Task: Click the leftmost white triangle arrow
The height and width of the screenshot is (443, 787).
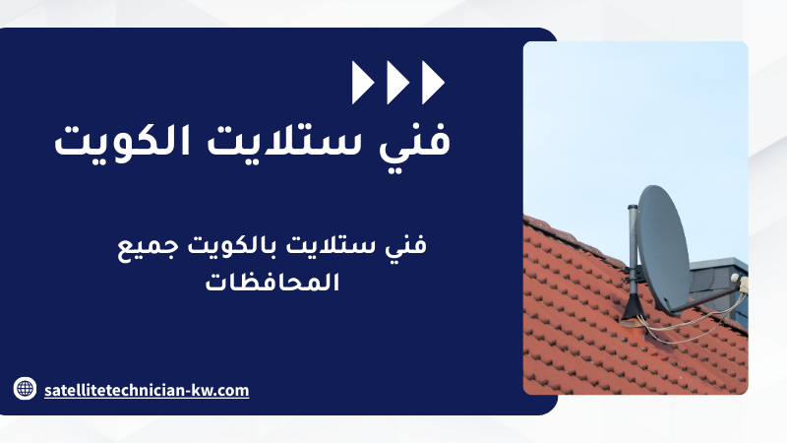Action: point(361,83)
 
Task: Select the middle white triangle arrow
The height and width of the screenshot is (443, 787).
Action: point(396,83)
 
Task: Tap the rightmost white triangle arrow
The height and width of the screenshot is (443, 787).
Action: point(432,83)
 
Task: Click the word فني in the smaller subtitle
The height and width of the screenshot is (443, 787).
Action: point(406,245)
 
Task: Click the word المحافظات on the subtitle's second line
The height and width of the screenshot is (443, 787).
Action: point(272,283)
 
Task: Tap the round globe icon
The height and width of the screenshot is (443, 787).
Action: point(26,388)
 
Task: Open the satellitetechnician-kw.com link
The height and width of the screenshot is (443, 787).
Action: point(147,390)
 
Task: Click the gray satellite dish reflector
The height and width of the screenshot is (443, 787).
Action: point(663,249)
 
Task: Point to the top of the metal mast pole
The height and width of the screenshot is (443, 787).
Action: point(633,206)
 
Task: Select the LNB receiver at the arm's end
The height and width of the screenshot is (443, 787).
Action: point(740,283)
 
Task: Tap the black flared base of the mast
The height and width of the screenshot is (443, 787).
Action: point(633,307)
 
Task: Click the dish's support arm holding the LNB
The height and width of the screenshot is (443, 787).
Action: point(711,300)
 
